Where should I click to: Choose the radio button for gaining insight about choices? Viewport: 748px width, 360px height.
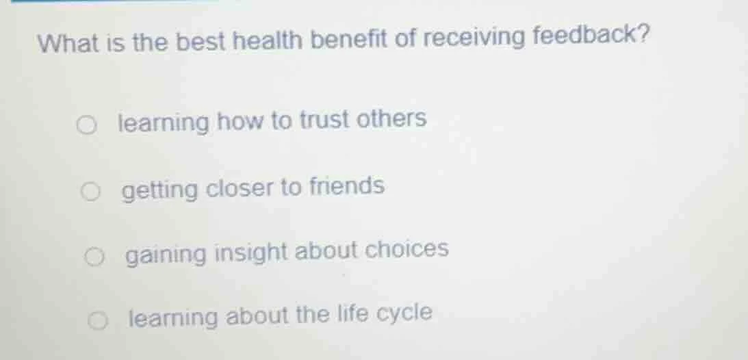(95, 256)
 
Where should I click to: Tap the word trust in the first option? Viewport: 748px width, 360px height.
(326, 120)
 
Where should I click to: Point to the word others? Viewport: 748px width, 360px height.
(394, 118)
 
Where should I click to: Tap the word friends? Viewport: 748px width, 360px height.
(347, 185)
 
